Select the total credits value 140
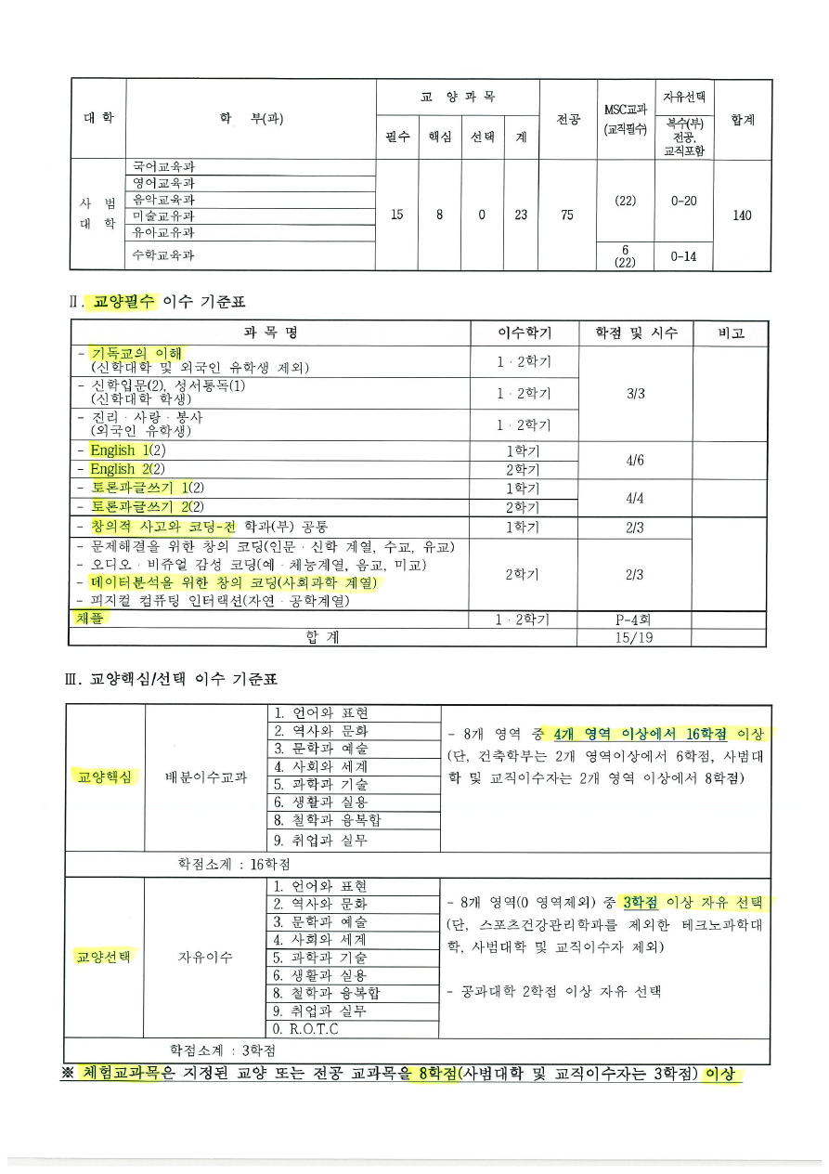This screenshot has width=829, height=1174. click(x=742, y=215)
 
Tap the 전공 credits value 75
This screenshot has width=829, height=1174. click(x=567, y=215)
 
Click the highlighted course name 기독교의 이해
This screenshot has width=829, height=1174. click(x=136, y=353)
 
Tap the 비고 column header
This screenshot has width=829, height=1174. click(x=730, y=333)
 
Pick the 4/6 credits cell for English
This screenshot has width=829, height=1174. click(x=635, y=459)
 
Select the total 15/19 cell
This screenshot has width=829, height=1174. click(x=635, y=637)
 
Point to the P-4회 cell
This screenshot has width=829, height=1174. click(x=635, y=620)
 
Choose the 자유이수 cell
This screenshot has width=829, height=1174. click(x=205, y=957)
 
